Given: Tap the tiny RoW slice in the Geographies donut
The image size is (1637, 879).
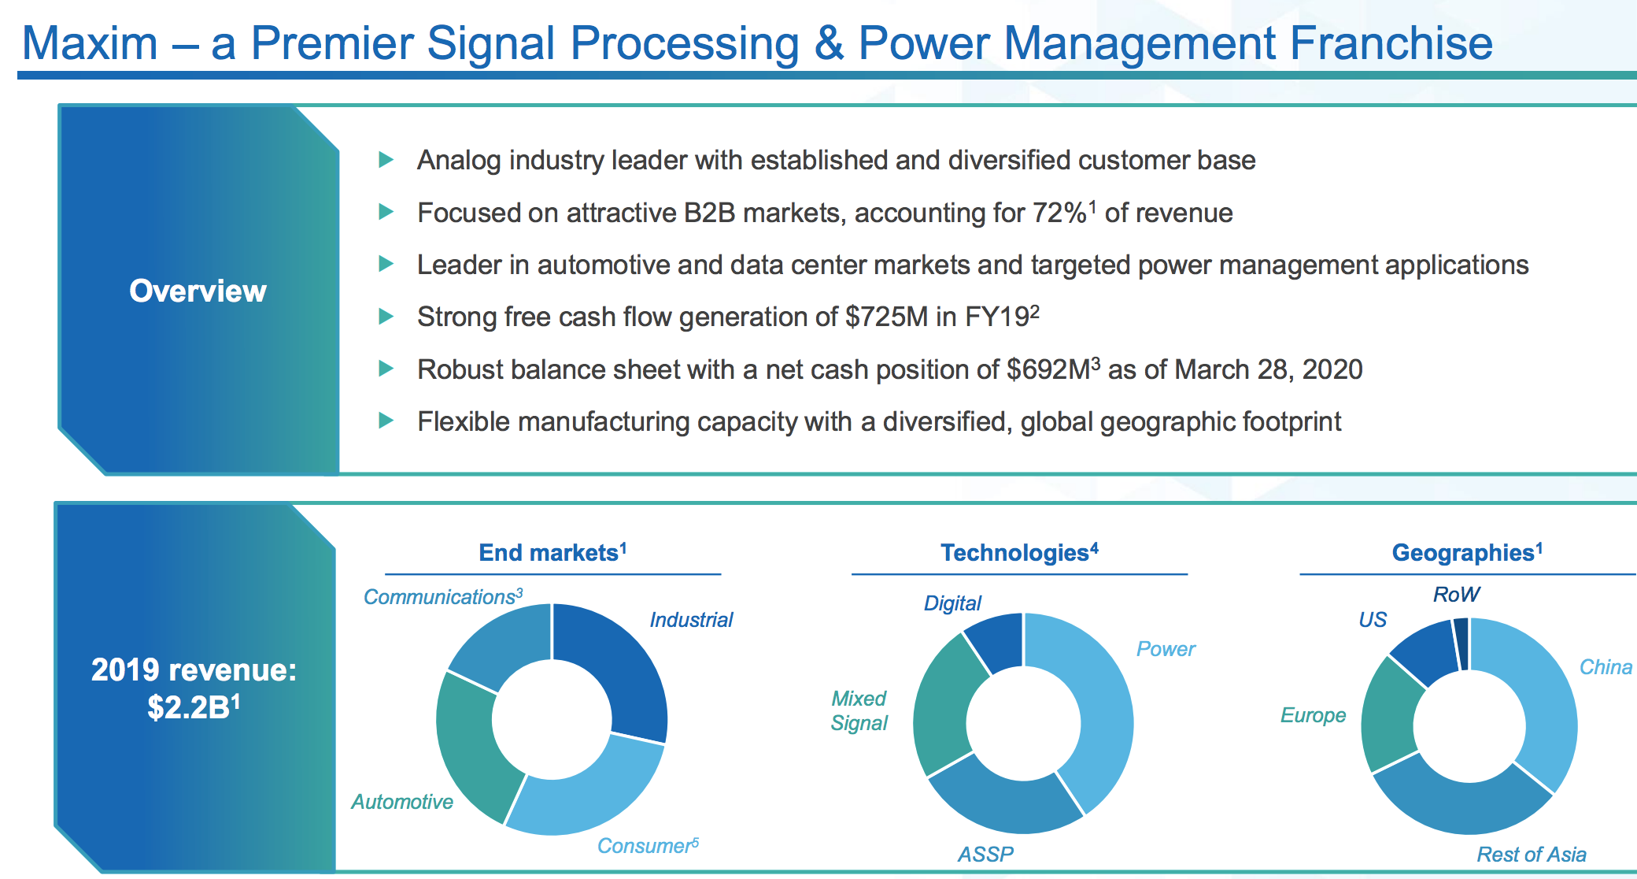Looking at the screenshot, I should coord(1461,642).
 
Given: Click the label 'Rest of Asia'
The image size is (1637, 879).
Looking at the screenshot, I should coord(1531,855).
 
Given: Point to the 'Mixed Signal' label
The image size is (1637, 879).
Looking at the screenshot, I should coord(859,710).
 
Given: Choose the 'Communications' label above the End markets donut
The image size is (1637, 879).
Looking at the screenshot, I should coord(439,597).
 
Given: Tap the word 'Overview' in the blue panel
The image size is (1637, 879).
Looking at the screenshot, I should coord(198,291).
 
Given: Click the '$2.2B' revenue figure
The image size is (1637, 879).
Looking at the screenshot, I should coord(189,707).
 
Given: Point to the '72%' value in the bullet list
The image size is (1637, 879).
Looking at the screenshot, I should coord(1059,213).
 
